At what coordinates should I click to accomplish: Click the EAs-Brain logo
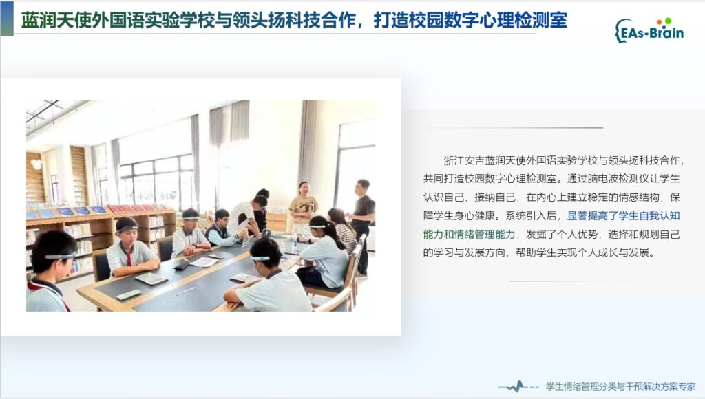pyautogui.click(x=649, y=30)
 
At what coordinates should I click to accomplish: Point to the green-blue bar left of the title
pyautogui.click(x=7, y=19)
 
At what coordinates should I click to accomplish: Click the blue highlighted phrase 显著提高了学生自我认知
pyautogui.click(x=623, y=216)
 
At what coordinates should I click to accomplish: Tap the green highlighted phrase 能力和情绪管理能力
pyautogui.click(x=469, y=234)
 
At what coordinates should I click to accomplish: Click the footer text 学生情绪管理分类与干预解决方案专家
pyautogui.click(x=620, y=387)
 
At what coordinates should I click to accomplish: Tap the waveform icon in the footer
pyautogui.click(x=518, y=387)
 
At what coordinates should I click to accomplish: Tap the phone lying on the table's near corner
pyautogui.click(x=129, y=294)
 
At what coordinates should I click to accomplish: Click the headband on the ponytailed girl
pyautogui.click(x=318, y=226)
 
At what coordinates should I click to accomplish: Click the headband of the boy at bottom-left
pyautogui.click(x=60, y=257)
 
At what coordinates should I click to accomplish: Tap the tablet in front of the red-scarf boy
pyautogui.click(x=151, y=279)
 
